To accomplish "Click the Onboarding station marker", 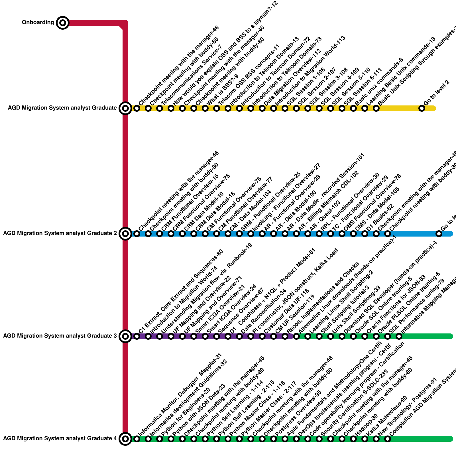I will pyautogui.click(x=63, y=23).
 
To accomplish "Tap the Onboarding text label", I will pyautogui.click(x=38, y=23).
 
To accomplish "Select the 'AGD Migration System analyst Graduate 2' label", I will pyautogui.click(x=60, y=233).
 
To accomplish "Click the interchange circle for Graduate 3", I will pyautogui.click(x=125, y=336).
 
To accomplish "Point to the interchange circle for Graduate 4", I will pyautogui.click(x=125, y=439).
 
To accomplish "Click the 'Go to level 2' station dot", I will pyautogui.click(x=422, y=108).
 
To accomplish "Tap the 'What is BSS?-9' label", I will pyautogui.click(x=222, y=89).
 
